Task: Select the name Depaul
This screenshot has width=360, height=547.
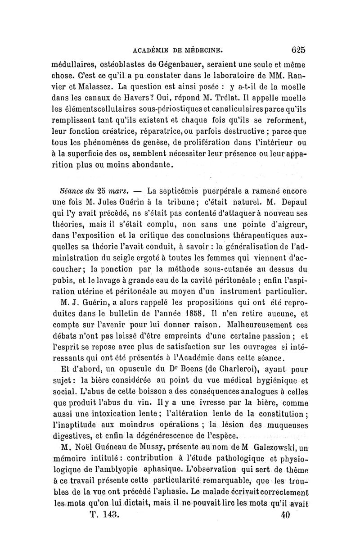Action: pos(288,202)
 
